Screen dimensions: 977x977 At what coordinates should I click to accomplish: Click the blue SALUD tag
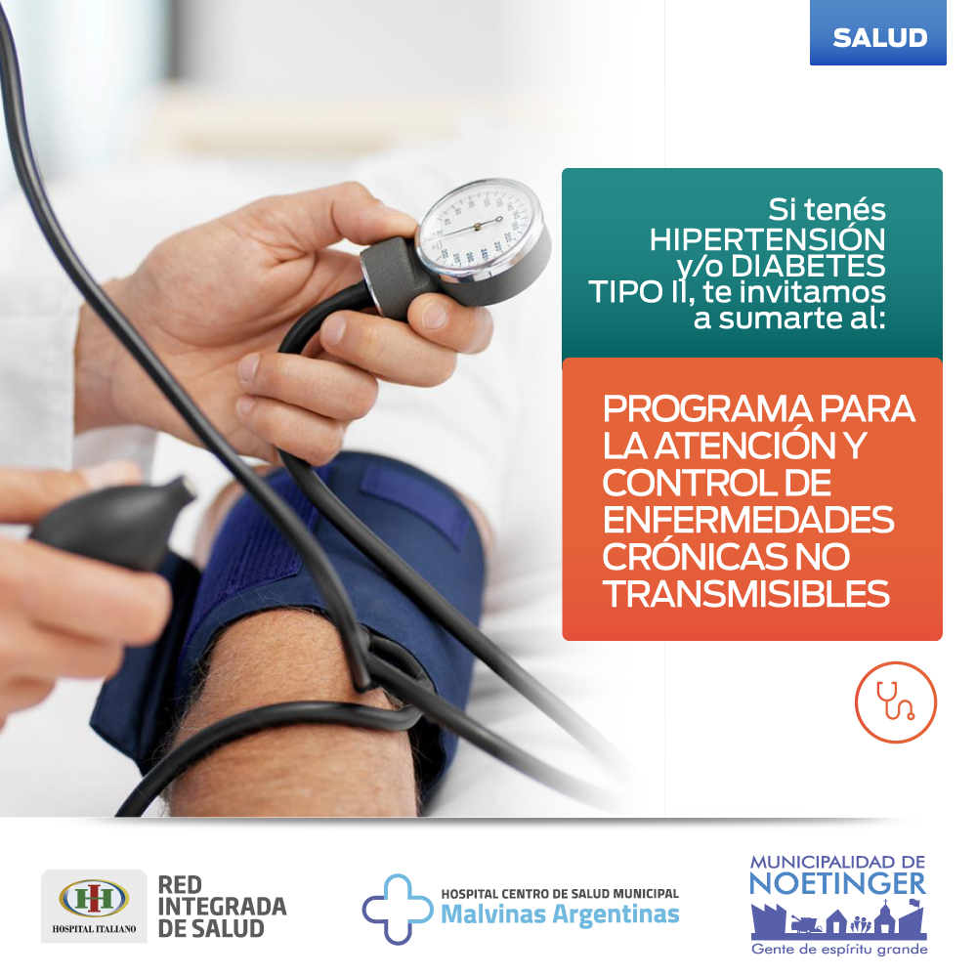pos(878,32)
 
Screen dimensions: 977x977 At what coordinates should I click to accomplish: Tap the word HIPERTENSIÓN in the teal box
pos(767,240)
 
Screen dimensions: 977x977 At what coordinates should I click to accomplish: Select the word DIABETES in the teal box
pos(808,266)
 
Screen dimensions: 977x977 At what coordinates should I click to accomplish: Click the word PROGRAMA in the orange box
pos(707,408)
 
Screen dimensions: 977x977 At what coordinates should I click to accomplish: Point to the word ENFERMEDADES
pos(748,520)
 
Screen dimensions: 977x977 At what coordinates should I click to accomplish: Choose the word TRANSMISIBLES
pos(745,594)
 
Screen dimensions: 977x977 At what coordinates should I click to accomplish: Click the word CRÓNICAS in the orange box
pos(690,557)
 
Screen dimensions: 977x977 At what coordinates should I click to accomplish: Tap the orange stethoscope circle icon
pos(895,702)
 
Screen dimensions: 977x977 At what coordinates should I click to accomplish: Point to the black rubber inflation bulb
pos(112,524)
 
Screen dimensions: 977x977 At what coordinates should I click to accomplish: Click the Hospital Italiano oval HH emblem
pos(94,899)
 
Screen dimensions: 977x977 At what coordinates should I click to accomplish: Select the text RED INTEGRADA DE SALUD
pos(222,907)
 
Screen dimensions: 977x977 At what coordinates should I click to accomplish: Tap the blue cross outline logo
pos(397,909)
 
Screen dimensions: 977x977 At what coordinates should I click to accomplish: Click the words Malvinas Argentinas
pos(560,914)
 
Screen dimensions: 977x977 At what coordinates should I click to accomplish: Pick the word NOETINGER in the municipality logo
pos(837,884)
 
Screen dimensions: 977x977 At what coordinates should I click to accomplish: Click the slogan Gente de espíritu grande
pos(839,950)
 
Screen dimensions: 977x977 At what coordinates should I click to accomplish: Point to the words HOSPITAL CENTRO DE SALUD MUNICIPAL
pos(560,894)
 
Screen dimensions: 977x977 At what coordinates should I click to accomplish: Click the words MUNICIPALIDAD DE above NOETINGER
pos(837,863)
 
